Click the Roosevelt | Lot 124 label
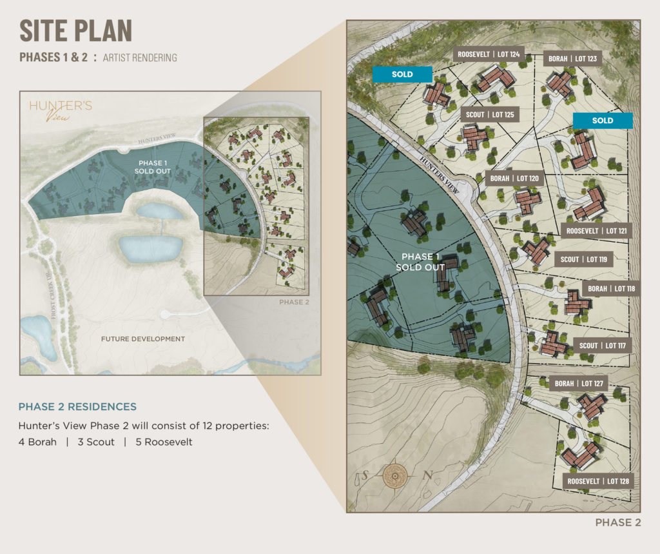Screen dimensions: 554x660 click(489, 55)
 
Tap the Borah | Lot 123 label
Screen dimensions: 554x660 click(572, 59)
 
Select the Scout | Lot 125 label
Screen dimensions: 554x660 click(490, 115)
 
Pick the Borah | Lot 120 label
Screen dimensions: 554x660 click(514, 179)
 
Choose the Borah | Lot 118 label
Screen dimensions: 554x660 click(611, 288)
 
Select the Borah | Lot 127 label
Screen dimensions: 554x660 click(579, 384)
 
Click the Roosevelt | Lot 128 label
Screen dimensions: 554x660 click(598, 481)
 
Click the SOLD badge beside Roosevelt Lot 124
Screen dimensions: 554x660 click(402, 74)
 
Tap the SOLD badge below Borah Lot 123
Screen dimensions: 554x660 click(603, 121)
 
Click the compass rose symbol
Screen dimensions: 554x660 click(393, 477)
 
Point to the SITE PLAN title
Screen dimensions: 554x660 click(75, 31)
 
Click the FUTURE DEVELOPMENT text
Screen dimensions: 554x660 click(142, 339)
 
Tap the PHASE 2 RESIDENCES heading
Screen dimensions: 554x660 click(77, 407)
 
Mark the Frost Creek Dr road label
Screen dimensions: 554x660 click(55, 297)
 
